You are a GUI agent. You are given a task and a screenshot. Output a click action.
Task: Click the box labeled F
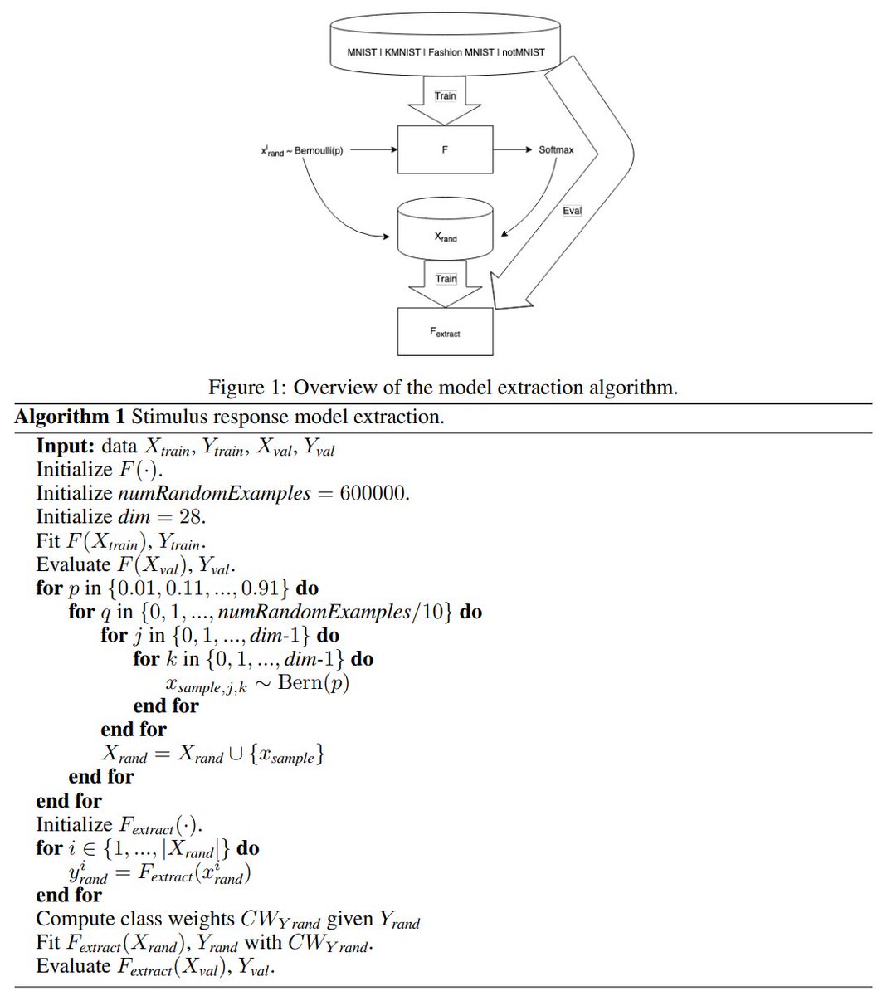pos(445,149)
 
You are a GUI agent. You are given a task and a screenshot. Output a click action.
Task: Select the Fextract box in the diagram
pos(445,332)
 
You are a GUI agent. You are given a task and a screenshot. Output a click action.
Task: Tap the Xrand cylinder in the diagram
pos(446,232)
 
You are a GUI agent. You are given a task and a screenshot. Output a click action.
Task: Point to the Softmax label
pos(556,149)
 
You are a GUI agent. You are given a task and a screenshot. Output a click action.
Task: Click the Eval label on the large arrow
pos(572,211)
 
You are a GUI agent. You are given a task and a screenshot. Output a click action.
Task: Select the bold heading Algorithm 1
pos(70,417)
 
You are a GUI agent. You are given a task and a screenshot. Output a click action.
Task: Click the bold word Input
pos(65,446)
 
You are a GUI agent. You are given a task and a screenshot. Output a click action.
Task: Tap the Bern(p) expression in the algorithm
pos(313,682)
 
